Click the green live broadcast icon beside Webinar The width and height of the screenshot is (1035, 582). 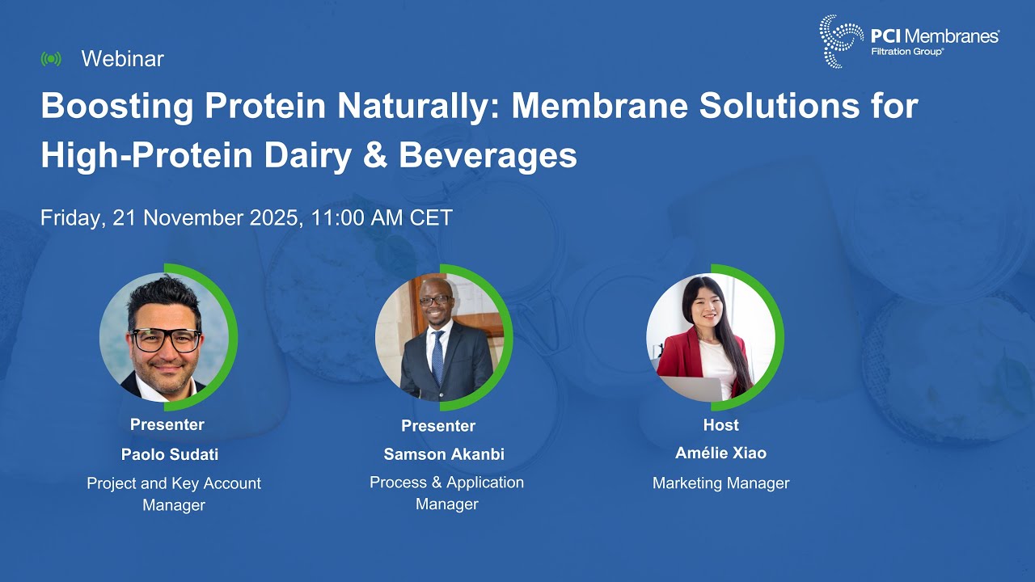tap(51, 59)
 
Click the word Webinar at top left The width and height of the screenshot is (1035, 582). tap(122, 59)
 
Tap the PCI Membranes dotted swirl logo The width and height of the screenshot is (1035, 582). tap(841, 40)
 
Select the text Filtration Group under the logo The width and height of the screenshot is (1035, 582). tap(906, 51)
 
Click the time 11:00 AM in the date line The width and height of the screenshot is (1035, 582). tap(355, 217)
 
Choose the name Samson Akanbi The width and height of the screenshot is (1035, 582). tap(444, 454)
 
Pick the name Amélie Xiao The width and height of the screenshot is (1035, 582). tap(720, 453)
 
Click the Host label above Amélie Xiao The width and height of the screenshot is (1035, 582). tap(720, 425)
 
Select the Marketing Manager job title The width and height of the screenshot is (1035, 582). tap(720, 483)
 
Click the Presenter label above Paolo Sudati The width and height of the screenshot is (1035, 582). tap(167, 424)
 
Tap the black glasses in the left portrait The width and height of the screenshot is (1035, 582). tap(167, 339)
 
